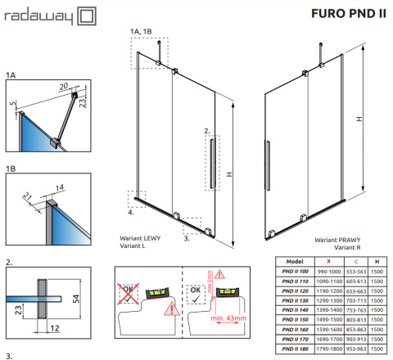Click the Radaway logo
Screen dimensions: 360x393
(x=50, y=15)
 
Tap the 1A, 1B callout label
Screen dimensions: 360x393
(x=141, y=31)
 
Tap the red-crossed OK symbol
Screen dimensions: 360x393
(x=126, y=290)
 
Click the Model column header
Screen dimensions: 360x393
(x=284, y=260)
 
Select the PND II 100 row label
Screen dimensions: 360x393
(x=284, y=271)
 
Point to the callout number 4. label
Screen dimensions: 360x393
(x=131, y=213)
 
